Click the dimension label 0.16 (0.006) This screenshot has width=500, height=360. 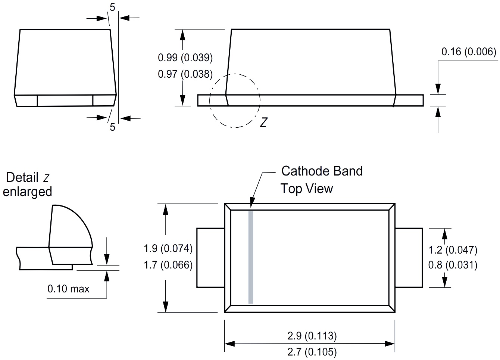(x=469, y=52)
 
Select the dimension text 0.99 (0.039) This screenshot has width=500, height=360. (x=185, y=58)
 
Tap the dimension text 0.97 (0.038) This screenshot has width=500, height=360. (x=185, y=74)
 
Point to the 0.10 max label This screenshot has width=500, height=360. (x=68, y=289)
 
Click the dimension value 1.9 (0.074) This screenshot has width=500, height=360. (x=168, y=248)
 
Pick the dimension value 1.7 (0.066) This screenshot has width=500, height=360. (x=168, y=265)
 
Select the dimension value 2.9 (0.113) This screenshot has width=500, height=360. (x=312, y=336)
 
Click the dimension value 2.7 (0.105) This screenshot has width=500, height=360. (x=312, y=351)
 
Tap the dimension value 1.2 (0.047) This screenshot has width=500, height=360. (x=453, y=250)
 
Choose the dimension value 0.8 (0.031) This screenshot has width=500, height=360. (x=453, y=265)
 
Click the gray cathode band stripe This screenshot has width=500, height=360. (x=251, y=257)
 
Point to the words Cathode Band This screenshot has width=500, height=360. (x=322, y=171)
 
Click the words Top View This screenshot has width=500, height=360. (x=306, y=188)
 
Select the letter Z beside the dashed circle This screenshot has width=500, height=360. (x=263, y=122)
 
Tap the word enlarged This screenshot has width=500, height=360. (x=27, y=192)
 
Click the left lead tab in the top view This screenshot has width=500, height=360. (x=210, y=257)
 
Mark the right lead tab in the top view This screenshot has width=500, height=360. (x=409, y=257)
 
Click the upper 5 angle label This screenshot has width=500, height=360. (x=112, y=7)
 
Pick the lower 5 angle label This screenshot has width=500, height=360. (x=112, y=127)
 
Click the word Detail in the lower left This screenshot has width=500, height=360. (x=22, y=177)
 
